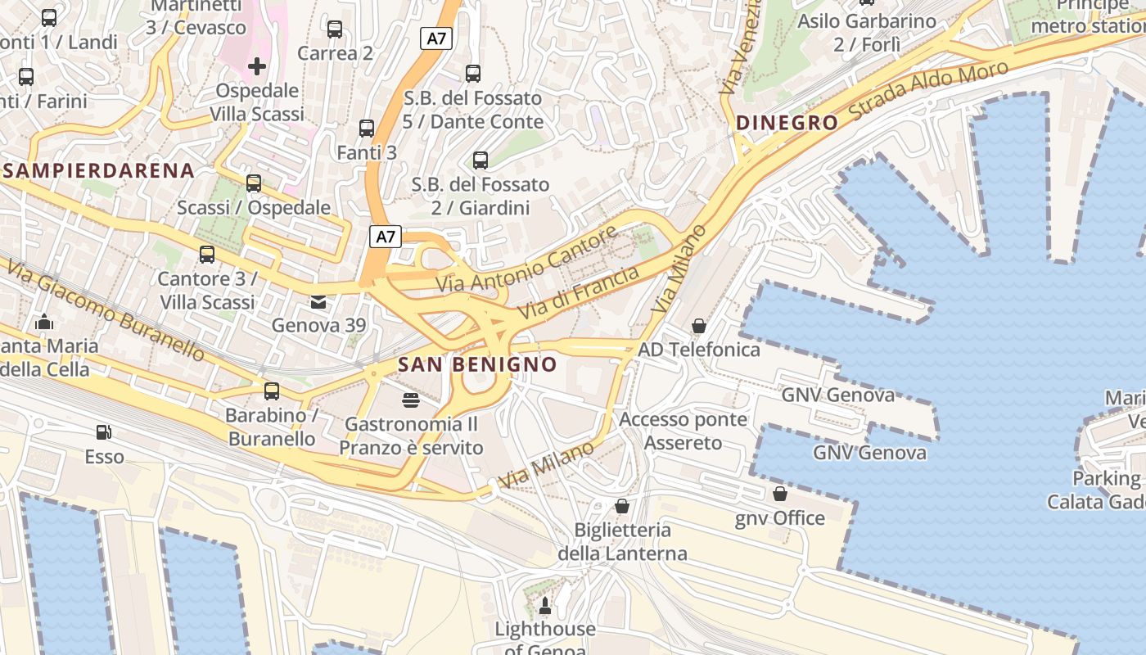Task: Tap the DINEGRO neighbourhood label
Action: point(787,123)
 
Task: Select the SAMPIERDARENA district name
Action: point(98,171)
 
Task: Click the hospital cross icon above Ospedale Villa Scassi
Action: point(257,66)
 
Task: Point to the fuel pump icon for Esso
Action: point(104,431)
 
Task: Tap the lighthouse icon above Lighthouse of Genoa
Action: point(545,606)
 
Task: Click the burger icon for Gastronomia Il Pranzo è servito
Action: point(411,400)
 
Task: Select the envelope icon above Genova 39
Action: point(318,302)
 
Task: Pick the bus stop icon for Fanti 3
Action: point(367,129)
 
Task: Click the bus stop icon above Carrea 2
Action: point(335,29)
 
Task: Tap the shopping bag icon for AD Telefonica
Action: point(699,326)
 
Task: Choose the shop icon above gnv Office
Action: point(779,494)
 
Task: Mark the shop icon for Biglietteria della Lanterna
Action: point(622,506)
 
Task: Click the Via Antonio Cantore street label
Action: point(526,260)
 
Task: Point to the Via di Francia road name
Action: point(578,293)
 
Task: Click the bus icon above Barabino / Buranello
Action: point(272,391)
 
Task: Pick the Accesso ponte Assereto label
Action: point(683,431)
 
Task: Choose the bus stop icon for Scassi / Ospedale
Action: point(254,183)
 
